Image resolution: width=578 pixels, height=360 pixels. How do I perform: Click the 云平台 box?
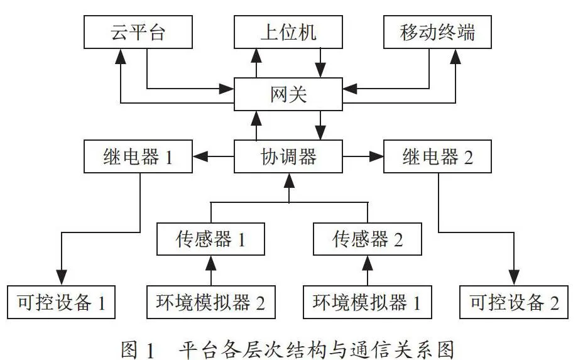point(138,32)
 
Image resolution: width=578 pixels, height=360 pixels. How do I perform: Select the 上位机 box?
point(288,32)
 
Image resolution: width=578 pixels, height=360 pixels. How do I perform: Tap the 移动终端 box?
point(437,32)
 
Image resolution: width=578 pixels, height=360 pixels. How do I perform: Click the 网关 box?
point(288,94)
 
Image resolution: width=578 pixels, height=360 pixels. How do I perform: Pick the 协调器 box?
point(288,156)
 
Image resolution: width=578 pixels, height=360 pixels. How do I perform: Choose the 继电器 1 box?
point(138,156)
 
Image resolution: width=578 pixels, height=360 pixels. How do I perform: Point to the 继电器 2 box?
point(437,156)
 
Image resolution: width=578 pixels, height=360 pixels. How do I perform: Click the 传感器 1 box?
point(211,239)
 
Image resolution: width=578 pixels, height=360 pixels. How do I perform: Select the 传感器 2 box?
point(368,239)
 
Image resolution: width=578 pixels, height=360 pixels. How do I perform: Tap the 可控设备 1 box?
point(61,302)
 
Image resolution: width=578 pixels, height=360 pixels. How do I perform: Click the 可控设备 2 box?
point(514,302)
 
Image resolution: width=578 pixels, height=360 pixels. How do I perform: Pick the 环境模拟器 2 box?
point(211,302)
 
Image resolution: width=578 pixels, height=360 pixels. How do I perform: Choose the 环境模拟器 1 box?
point(368,302)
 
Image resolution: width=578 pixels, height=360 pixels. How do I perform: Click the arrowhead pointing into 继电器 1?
point(200,156)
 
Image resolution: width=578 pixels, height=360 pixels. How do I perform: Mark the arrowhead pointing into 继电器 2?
point(376,156)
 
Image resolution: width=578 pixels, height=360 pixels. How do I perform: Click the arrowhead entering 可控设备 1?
point(62,278)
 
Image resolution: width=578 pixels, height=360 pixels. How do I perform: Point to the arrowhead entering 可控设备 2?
point(514,278)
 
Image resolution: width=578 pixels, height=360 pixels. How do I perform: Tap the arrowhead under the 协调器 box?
point(290,180)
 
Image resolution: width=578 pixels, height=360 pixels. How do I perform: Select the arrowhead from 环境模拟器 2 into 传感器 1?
point(211,263)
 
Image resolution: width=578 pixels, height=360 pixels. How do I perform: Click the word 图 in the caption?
point(129,349)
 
